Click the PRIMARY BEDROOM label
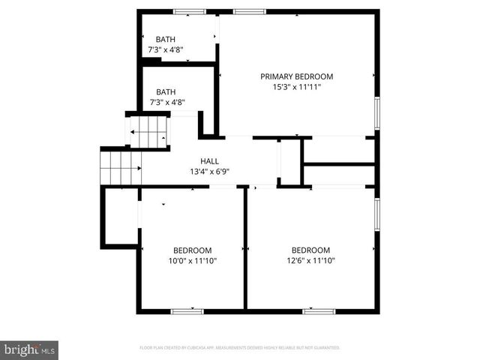[x=296, y=76]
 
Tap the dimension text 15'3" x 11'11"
[x=296, y=87]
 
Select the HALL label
[x=209, y=161]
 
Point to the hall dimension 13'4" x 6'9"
[x=209, y=172]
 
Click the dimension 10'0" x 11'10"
[x=192, y=261]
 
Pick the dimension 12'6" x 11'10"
[x=310, y=261]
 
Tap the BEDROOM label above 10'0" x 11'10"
[x=192, y=250]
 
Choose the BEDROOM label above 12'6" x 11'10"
[x=310, y=250]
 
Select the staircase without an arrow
[x=120, y=166]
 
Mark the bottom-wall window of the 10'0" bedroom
[x=187, y=310]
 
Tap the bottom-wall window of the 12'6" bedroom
[x=318, y=310]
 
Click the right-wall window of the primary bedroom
[x=377, y=112]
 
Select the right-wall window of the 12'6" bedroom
[x=377, y=214]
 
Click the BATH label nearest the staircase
[x=166, y=92]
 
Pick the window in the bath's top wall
[x=190, y=11]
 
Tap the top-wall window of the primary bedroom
[x=249, y=11]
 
